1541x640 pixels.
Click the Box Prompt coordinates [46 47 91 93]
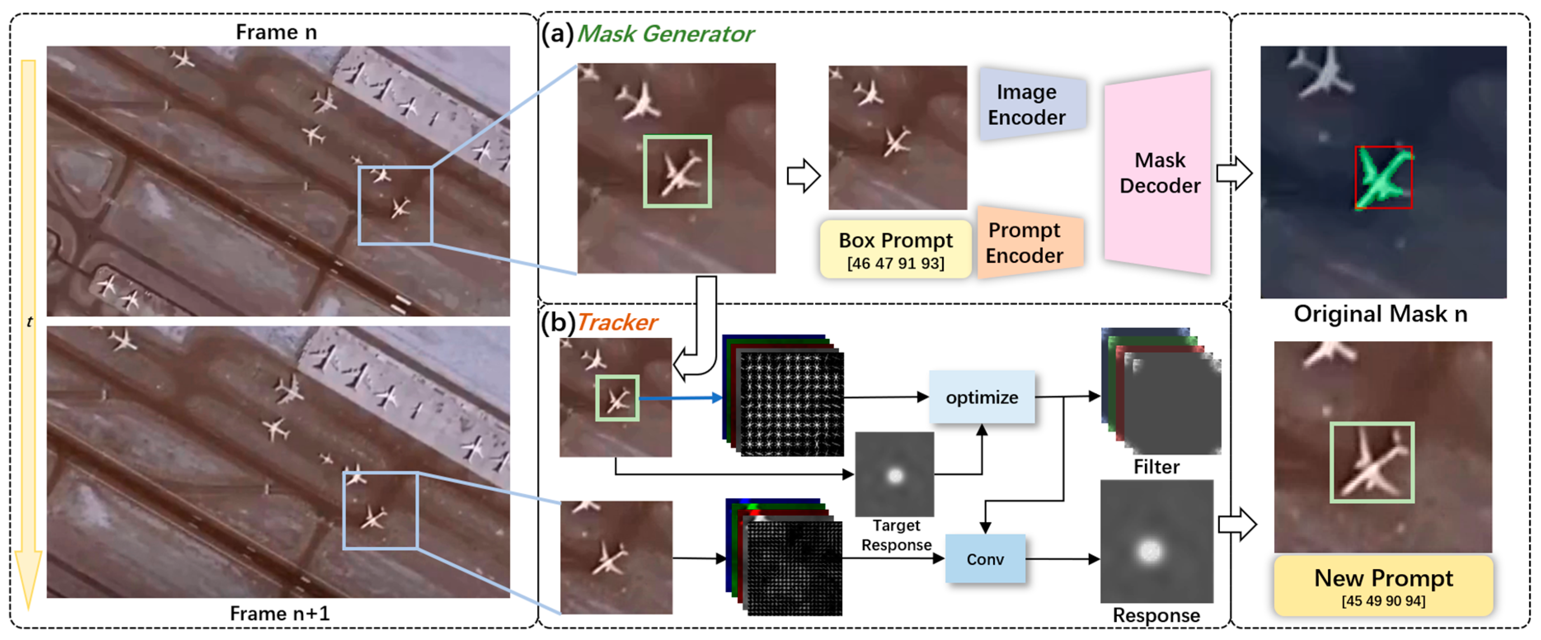pyautogui.click(x=896, y=263)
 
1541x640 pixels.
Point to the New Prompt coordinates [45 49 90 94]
pyautogui.click(x=1383, y=600)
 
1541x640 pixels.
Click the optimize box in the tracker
pyautogui.click(x=982, y=397)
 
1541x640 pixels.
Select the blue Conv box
pyautogui.click(x=985, y=559)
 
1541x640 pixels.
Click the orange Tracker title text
pyautogui.click(x=617, y=322)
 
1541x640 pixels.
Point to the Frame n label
pyautogui.click(x=277, y=32)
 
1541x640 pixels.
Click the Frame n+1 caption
pyautogui.click(x=279, y=614)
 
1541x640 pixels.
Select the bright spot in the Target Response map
pyautogui.click(x=895, y=476)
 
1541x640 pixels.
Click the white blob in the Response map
pyautogui.click(x=1149, y=550)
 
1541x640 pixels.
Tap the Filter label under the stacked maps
pyautogui.click(x=1156, y=467)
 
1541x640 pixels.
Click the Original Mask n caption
pyautogui.click(x=1380, y=314)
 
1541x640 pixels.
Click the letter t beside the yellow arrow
pyautogui.click(x=29, y=322)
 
